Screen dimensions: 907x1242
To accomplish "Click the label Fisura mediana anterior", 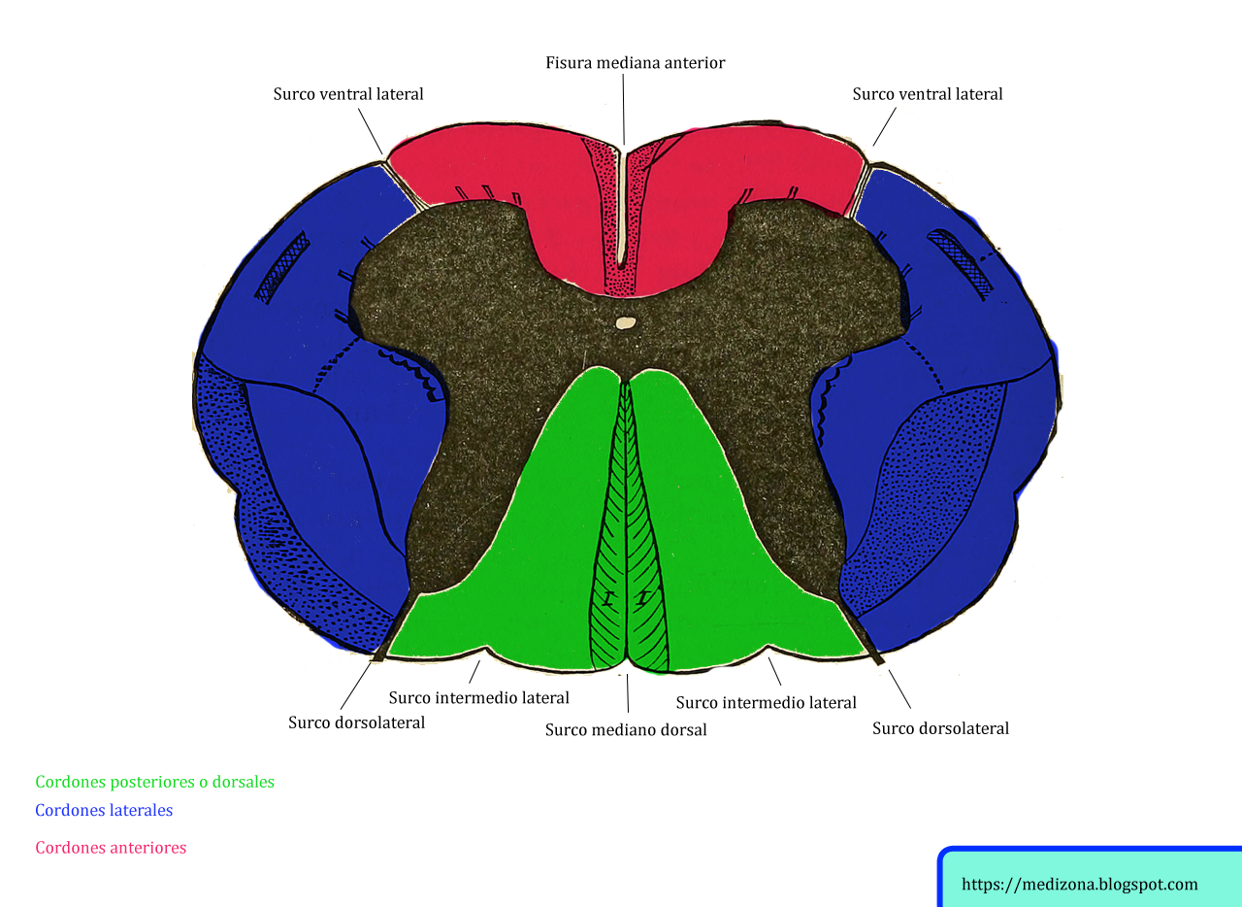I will tap(635, 63).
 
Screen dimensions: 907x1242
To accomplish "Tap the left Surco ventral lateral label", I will tap(348, 94).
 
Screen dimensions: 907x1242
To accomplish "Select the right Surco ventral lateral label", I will tap(927, 94).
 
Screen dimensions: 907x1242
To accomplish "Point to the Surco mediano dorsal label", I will tap(626, 729).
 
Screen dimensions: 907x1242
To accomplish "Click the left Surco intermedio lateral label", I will tap(478, 697).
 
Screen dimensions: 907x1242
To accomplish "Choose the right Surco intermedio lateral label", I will tap(766, 702).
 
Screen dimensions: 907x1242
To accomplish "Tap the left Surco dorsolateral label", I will tap(356, 722).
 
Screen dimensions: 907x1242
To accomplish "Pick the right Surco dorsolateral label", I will tap(940, 728).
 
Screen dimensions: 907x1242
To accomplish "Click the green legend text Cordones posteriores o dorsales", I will tap(154, 782).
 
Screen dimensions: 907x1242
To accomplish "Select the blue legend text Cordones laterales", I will tap(104, 810).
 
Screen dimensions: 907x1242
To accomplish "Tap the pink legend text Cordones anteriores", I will tap(111, 848).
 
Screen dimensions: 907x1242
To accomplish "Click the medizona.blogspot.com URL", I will tap(1080, 885).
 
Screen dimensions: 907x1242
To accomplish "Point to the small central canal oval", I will tap(627, 322).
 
